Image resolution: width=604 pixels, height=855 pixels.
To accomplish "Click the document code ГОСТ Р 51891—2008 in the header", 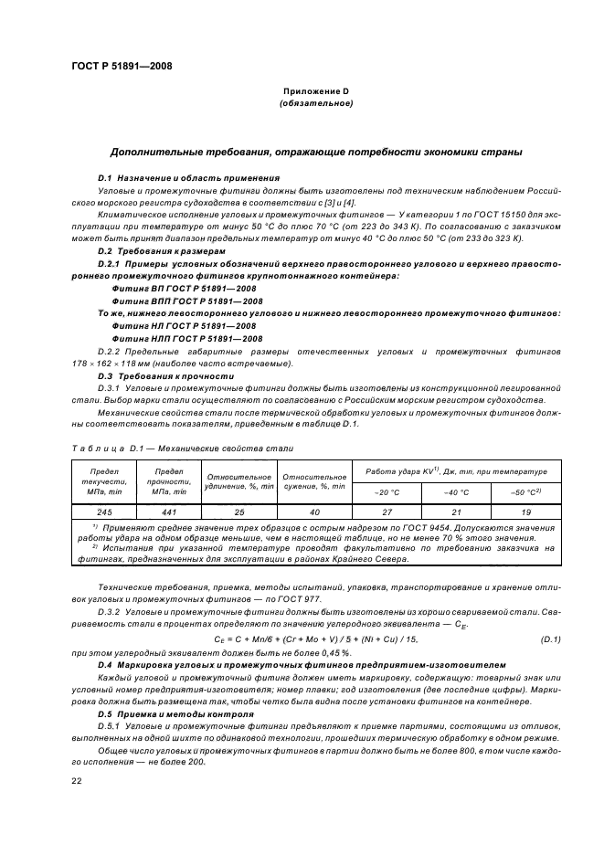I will [x=120, y=66].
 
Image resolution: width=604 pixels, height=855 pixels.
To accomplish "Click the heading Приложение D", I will [x=315, y=92].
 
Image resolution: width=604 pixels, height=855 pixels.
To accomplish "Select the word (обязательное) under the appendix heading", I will [x=315, y=104].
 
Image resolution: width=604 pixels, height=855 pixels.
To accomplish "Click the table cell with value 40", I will [x=314, y=512].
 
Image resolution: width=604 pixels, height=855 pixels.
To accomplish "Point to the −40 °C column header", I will [x=450, y=492].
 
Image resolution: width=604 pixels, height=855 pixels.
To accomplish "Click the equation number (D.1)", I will [x=552, y=638].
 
